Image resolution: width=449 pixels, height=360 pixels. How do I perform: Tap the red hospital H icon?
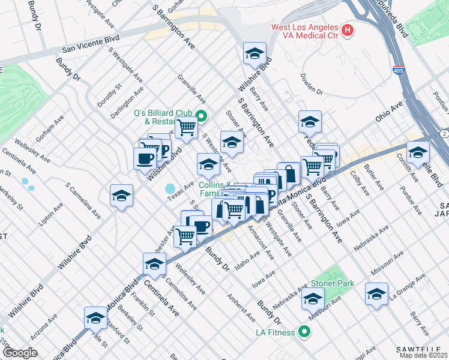(x=346, y=29)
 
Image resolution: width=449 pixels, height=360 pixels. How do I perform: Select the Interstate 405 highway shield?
(x=398, y=70)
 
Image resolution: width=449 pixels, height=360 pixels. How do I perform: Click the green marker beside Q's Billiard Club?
(x=202, y=117)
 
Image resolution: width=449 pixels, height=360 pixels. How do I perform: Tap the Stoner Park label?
(x=332, y=283)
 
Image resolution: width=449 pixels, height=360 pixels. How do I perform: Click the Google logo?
(x=20, y=353)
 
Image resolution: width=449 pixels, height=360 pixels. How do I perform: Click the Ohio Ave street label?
(x=389, y=112)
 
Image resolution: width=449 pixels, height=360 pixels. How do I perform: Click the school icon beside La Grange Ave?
(x=376, y=294)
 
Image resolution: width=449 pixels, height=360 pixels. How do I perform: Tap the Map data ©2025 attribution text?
(x=424, y=355)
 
